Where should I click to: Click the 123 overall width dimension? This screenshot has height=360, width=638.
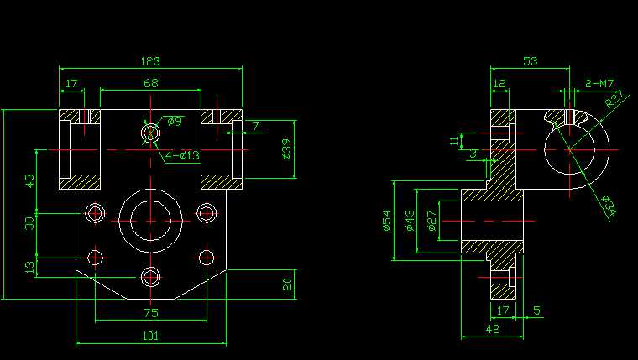(x=150, y=61)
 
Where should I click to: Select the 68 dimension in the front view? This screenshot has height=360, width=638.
(x=151, y=83)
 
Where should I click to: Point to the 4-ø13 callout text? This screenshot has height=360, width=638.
(x=182, y=155)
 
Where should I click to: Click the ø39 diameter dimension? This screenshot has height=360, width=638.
(x=285, y=149)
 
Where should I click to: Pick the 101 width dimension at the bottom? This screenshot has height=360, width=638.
(x=150, y=336)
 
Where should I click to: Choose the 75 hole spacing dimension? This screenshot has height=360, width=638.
(x=151, y=313)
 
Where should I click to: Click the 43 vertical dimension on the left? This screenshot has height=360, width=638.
(x=30, y=181)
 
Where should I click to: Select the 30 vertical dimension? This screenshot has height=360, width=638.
(x=30, y=222)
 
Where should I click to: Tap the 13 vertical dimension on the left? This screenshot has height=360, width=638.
(x=30, y=267)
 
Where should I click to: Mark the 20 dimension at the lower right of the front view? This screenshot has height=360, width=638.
(x=286, y=284)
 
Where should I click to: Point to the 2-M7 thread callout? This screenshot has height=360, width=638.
(x=599, y=83)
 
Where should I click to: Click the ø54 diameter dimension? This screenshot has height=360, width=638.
(x=387, y=220)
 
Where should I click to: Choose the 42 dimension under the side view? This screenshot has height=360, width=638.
(x=493, y=330)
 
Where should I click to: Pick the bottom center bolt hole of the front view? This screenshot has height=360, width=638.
(x=151, y=277)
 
